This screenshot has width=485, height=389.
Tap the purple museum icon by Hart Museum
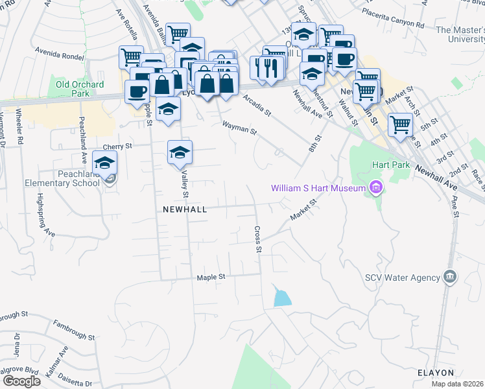[375, 188]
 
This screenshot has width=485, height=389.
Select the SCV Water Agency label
[403, 277]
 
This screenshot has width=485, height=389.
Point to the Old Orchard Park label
[80, 88]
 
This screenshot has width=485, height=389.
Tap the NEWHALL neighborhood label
[185, 209]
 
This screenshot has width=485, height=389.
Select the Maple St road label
[211, 277]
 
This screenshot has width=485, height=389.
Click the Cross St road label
[258, 239]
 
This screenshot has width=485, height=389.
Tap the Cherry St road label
[117, 147]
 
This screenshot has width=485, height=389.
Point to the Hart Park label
[391, 165]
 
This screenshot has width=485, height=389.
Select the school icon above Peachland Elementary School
[104, 163]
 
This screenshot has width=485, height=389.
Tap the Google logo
[21, 381]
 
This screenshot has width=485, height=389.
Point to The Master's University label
[460, 34]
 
